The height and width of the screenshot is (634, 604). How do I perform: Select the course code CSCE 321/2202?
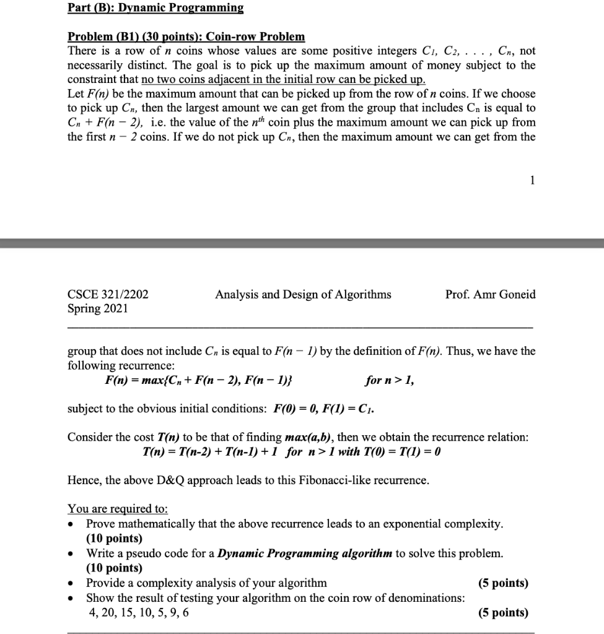pyautogui.click(x=108, y=295)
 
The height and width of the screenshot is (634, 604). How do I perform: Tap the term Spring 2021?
pyautogui.click(x=97, y=308)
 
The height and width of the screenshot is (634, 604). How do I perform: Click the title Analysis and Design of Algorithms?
pyautogui.click(x=303, y=295)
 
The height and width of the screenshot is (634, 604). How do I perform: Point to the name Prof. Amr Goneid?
pyautogui.click(x=490, y=295)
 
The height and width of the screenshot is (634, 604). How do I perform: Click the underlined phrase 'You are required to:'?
pyautogui.click(x=117, y=509)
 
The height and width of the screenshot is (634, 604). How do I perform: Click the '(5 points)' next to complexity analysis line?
pyautogui.click(x=503, y=583)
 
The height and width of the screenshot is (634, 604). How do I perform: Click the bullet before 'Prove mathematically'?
pyautogui.click(x=72, y=524)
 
